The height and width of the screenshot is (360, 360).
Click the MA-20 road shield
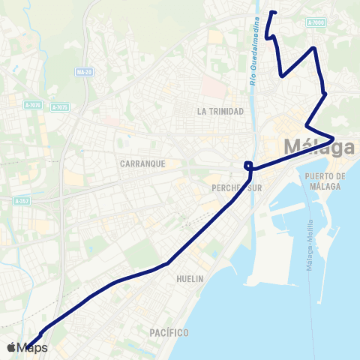(84, 72)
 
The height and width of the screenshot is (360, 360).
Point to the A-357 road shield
(22, 201)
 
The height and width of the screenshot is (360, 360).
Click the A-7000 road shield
(316, 25)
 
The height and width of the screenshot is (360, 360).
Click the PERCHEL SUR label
(237, 188)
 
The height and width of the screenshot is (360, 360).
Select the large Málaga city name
(319, 147)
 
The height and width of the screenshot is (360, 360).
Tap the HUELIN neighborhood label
(190, 278)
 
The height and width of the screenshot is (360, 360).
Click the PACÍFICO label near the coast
(168, 332)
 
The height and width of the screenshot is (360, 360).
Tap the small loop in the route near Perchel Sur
(248, 166)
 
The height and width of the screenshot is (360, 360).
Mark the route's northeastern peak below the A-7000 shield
(314, 48)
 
